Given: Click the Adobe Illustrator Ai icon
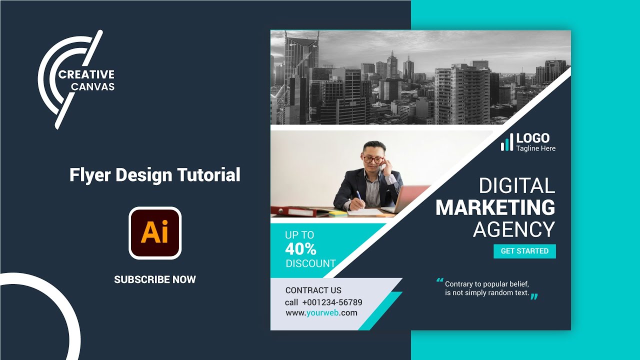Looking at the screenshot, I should pos(155,233).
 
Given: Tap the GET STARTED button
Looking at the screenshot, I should pos(524,251).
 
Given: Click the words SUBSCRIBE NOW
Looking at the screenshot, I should pos(155,279).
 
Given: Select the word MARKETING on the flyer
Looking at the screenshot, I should pos(495,207).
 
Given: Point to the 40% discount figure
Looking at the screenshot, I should pos(300,248).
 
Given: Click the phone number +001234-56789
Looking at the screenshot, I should pos(332,302).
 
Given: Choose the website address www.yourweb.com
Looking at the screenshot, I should pos(321,313).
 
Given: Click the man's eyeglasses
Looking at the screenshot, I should pos(372,159).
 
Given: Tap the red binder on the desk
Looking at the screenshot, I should pos(295,211).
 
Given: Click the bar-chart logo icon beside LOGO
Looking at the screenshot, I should pos(507,142).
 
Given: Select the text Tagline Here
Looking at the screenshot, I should pos(535,148).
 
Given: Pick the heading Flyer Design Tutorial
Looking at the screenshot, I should pos(155,175).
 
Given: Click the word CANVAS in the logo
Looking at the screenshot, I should pos(92,86).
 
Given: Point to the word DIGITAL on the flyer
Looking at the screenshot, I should pos(517,186).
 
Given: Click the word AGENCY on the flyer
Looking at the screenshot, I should pos(514,229).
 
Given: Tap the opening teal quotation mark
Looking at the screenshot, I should pos(440,280).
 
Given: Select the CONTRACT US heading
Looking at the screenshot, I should pos(313,290).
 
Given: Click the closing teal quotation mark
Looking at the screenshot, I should pos(534,296).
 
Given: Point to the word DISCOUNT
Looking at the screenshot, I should pos(310,263).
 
